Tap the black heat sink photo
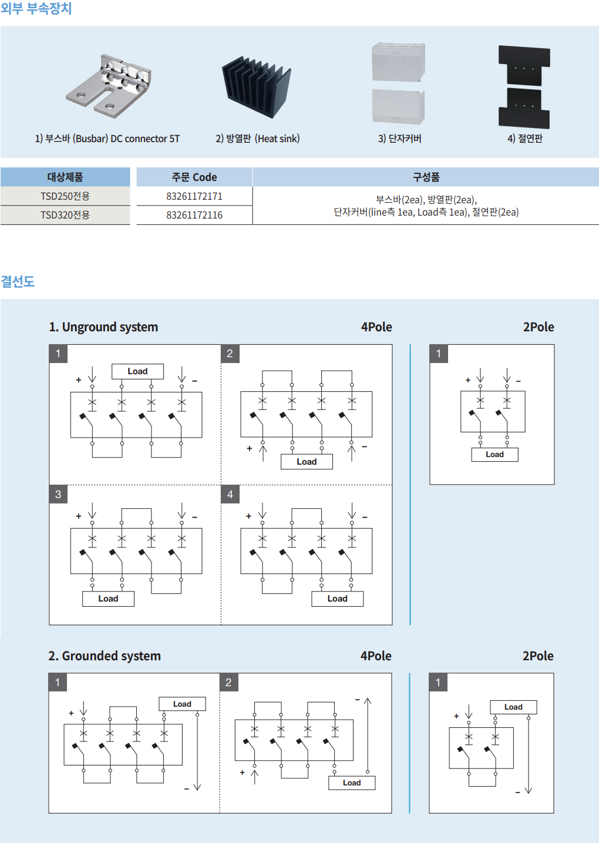(256, 87)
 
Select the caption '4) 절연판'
(525, 139)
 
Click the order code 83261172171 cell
(194, 196)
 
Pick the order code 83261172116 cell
(194, 215)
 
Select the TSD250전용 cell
(65, 196)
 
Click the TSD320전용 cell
(65, 215)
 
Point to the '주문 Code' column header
(194, 177)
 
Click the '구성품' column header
(426, 177)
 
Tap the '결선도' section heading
(18, 281)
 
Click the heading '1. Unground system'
(103, 327)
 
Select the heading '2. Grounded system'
(105, 656)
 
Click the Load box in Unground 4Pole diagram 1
(137, 371)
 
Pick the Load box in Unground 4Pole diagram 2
(307, 462)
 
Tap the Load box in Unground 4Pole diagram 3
(108, 599)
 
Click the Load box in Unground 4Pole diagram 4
(337, 599)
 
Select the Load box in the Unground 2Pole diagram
(494, 455)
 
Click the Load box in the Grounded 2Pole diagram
(513, 707)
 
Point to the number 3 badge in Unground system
(58, 495)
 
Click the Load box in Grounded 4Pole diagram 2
(352, 783)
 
